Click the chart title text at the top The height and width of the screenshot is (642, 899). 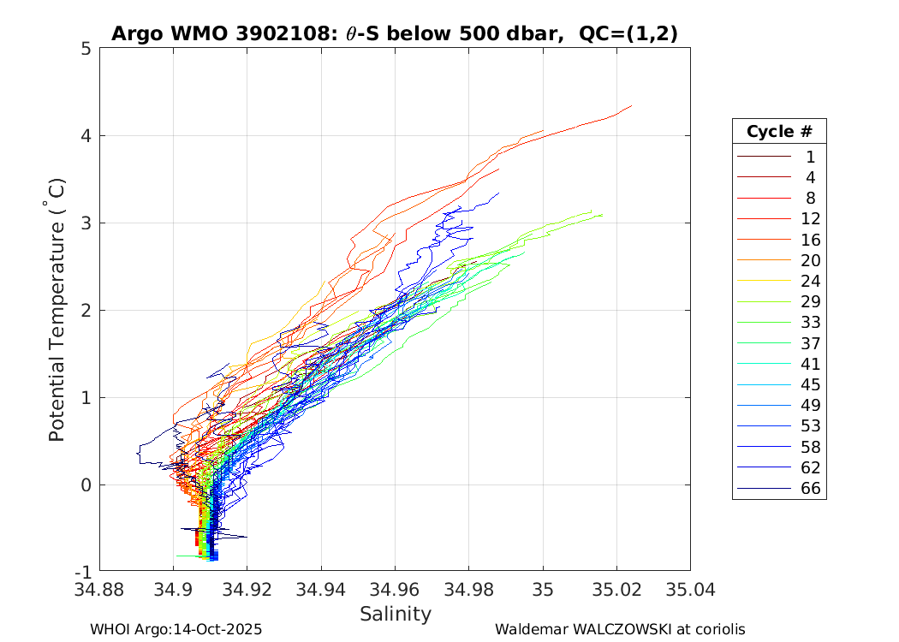click(x=394, y=34)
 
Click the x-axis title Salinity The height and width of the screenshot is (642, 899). click(x=395, y=614)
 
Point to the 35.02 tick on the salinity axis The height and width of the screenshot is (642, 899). click(x=616, y=590)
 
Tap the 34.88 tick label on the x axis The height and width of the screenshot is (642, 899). click(x=100, y=590)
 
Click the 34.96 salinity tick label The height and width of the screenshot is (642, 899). click(x=395, y=590)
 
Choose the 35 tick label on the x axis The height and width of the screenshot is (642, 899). click(x=543, y=590)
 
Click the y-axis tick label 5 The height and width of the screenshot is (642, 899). click(x=86, y=49)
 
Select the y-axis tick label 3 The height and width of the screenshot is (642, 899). click(x=86, y=223)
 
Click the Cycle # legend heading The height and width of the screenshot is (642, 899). click(x=779, y=132)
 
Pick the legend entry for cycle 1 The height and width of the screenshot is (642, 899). click(x=779, y=157)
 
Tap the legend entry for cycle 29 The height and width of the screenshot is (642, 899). click(x=779, y=301)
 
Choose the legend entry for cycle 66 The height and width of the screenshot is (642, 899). click(x=779, y=489)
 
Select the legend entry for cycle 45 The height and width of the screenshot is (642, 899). click(x=779, y=384)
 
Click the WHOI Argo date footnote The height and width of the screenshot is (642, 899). click(x=176, y=629)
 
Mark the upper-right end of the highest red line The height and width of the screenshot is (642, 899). click(x=632, y=106)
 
